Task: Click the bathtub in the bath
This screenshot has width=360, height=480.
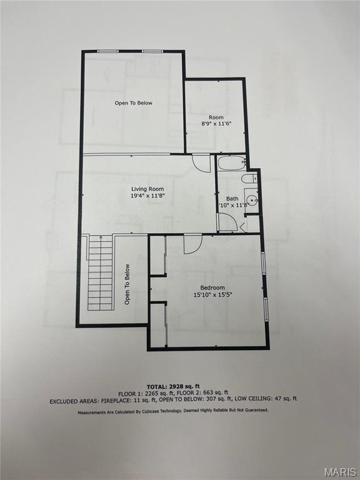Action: click(x=232, y=164)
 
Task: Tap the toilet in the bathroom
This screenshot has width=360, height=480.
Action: click(x=249, y=179)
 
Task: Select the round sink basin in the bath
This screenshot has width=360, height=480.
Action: click(x=251, y=201)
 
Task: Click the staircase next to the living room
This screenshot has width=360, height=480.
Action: click(x=100, y=272)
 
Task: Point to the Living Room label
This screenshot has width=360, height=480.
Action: click(x=147, y=189)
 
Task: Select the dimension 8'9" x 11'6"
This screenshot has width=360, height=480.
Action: click(x=216, y=124)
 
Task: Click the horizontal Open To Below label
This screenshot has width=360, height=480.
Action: click(x=133, y=103)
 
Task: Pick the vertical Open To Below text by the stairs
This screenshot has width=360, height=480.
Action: click(x=127, y=284)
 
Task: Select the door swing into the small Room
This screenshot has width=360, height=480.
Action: click(x=201, y=162)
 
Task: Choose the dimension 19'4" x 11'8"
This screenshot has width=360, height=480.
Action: click(x=147, y=196)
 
